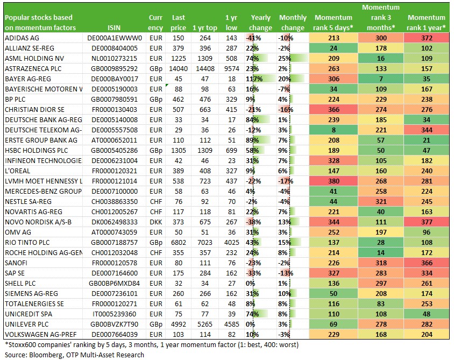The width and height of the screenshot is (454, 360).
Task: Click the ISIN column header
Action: pyautogui.click(x=114, y=28)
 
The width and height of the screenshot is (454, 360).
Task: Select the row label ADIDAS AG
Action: pyautogui.click(x=22, y=38)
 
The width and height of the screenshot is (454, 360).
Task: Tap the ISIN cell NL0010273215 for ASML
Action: pyautogui.click(x=114, y=59)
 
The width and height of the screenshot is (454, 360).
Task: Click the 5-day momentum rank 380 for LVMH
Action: pyautogui.click(x=334, y=181)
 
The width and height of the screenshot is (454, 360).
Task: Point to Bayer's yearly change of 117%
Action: pyautogui.click(x=254, y=79)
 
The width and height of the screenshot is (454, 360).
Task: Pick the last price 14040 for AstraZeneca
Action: pyautogui.click(x=179, y=69)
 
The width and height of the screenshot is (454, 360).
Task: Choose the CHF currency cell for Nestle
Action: pyautogui.click(x=156, y=202)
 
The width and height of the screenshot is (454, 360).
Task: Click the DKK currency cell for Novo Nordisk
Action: pyautogui.click(x=156, y=222)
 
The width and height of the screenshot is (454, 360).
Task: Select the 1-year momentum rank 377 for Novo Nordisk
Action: pyautogui.click(x=427, y=222)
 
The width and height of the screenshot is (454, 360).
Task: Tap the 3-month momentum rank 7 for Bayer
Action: pyautogui.click(x=381, y=79)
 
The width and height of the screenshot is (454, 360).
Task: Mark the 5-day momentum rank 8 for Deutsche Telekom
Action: pyautogui.click(x=334, y=130)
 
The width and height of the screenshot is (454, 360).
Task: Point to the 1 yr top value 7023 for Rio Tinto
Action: pyautogui.click(x=205, y=243)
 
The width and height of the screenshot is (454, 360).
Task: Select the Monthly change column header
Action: pyautogui.click(x=293, y=23)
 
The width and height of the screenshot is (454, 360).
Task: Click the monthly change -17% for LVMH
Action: pyautogui.click(x=286, y=181)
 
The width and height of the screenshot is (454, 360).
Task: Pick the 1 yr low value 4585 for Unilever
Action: pyautogui.click(x=232, y=324)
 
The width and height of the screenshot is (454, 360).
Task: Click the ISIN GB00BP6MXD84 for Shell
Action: pyautogui.click(x=114, y=284)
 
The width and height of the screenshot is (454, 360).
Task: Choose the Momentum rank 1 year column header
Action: pyautogui.click(x=426, y=23)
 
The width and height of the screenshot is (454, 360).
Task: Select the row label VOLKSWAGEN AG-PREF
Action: pyautogui.click(x=41, y=335)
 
